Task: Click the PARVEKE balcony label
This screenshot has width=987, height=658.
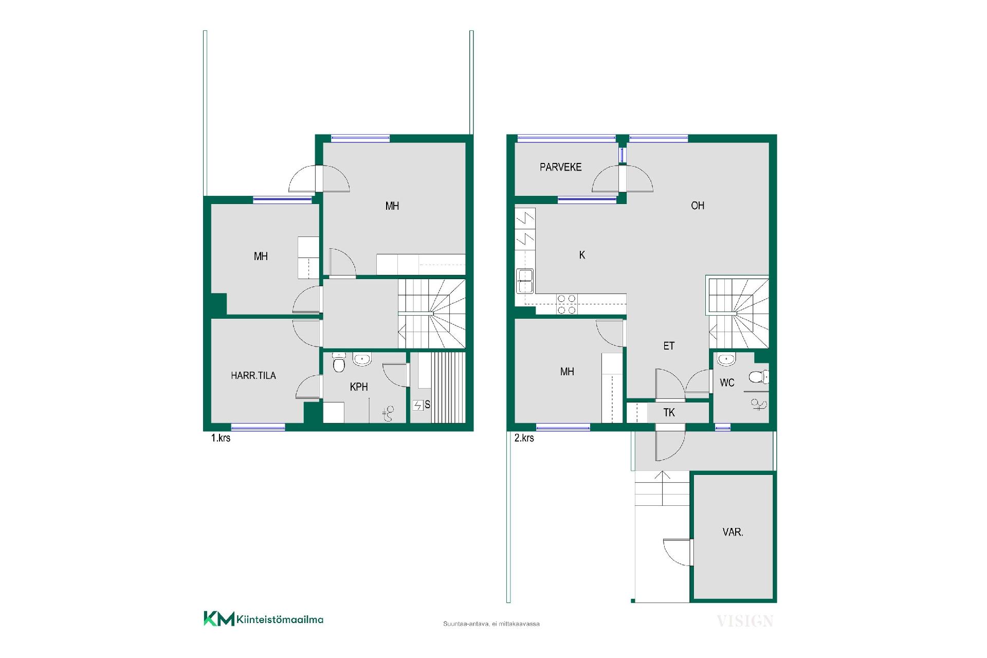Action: tap(560, 167)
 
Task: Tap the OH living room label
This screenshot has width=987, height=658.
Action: tap(698, 206)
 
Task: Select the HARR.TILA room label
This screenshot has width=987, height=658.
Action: tap(253, 376)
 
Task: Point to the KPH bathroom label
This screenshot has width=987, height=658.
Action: tap(359, 387)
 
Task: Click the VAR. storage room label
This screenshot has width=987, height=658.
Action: tap(733, 532)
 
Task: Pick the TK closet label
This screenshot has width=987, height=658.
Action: tap(669, 413)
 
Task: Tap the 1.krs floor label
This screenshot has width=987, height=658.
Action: tap(221, 438)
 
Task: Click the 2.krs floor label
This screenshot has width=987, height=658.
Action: tap(524, 438)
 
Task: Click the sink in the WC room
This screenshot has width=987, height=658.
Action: tap(726, 359)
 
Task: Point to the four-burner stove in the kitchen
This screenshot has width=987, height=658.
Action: tap(566, 304)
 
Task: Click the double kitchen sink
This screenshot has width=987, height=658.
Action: tap(525, 281)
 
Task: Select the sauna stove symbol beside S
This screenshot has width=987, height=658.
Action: tap(417, 406)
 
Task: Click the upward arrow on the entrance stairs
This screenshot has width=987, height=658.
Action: tap(663, 488)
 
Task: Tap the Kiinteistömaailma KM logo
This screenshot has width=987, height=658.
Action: tap(263, 619)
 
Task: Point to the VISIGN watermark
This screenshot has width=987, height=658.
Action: tap(745, 621)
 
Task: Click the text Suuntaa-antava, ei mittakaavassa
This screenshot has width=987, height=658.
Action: tap(491, 624)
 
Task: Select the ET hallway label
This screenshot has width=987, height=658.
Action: tap(669, 346)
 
